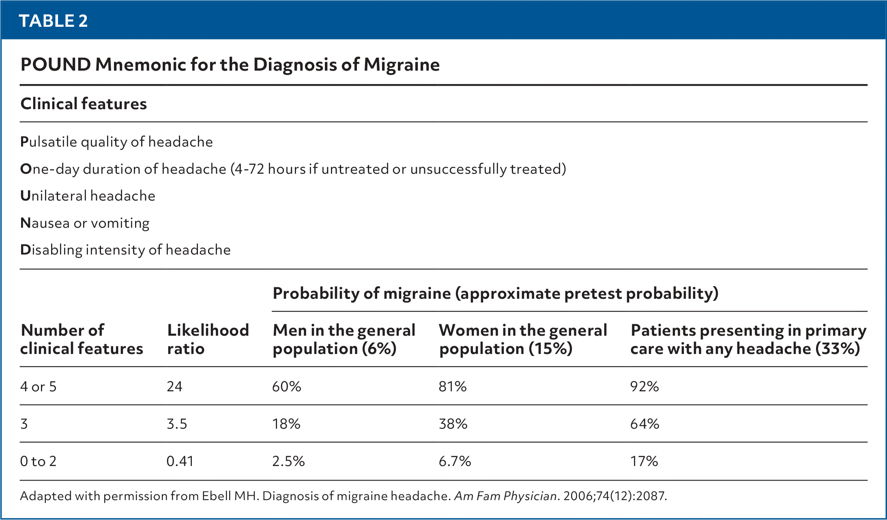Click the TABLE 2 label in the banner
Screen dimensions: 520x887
pos(53,21)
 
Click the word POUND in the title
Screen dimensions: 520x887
pos(56,65)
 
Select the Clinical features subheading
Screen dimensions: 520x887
pos(84,104)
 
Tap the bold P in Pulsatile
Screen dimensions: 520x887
pos(24,142)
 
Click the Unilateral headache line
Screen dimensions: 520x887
pos(88,196)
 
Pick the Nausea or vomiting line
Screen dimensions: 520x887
pos(85,223)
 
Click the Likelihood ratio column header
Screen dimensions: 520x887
pos(208,339)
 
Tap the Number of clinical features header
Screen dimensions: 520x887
pos(82,339)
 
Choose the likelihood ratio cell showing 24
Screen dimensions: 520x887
pos(174,386)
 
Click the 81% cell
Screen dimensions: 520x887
pos(453,386)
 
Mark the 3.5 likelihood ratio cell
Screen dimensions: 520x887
pos(177,424)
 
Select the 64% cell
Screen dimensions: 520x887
pos(644,424)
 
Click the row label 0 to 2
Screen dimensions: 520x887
pos(38,462)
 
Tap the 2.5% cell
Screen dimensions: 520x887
pos(288,462)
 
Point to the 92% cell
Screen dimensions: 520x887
pos(644,386)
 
